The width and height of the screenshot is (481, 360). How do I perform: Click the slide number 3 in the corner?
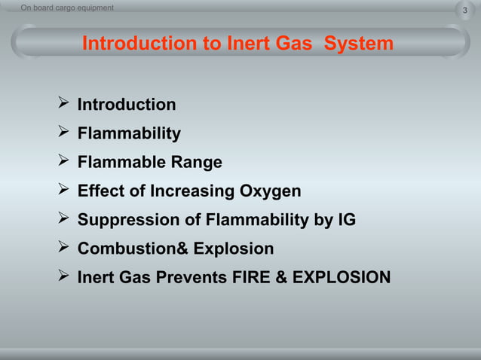[464, 11]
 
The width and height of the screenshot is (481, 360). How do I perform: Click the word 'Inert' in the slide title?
[249, 44]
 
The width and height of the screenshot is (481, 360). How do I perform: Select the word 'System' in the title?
[359, 44]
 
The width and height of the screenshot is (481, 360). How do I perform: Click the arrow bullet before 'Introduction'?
[63, 104]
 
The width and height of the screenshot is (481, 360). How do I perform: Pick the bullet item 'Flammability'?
[129, 134]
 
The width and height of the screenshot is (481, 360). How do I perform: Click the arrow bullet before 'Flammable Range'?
[63, 162]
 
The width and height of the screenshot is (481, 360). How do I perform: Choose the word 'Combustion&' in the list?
[133, 249]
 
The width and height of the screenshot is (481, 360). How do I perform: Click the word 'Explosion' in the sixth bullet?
[234, 249]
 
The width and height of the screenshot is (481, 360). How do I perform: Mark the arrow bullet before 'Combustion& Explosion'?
[63, 248]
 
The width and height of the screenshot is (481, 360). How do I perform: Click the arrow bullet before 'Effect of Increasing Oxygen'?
[63, 191]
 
